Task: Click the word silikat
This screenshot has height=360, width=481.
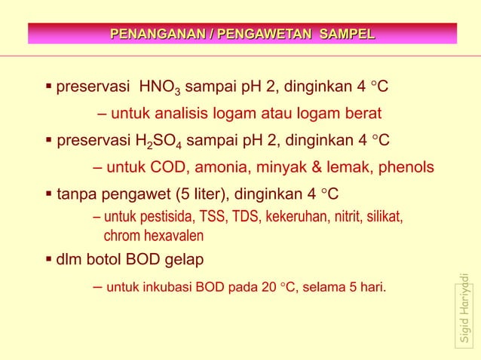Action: click(x=384, y=218)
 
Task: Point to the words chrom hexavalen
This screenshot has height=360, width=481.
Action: click(x=153, y=235)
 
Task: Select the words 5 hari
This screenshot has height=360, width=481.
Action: click(x=363, y=287)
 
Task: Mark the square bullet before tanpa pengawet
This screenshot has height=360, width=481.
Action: click(x=49, y=191)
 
